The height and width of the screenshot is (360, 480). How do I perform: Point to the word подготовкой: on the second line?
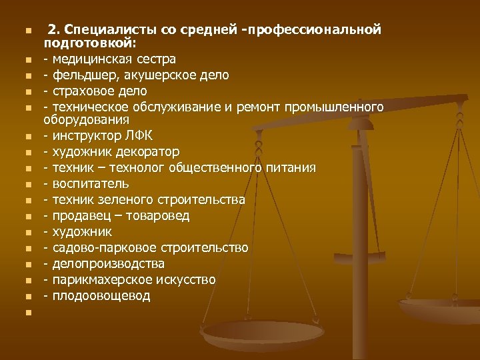[x=89, y=44]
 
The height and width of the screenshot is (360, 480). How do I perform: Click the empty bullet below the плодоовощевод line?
[x=27, y=312]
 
